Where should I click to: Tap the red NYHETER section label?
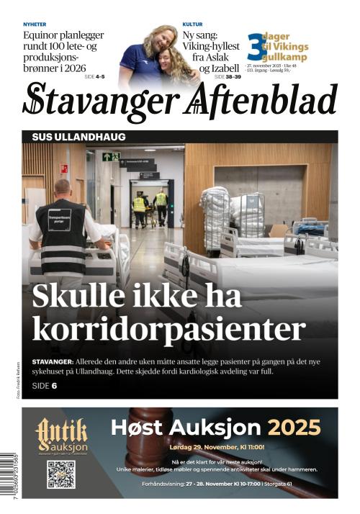coord(36,24)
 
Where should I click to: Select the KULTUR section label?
coord(192,24)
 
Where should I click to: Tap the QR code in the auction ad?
coord(61,474)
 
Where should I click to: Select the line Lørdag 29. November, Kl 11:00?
coord(217,447)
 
